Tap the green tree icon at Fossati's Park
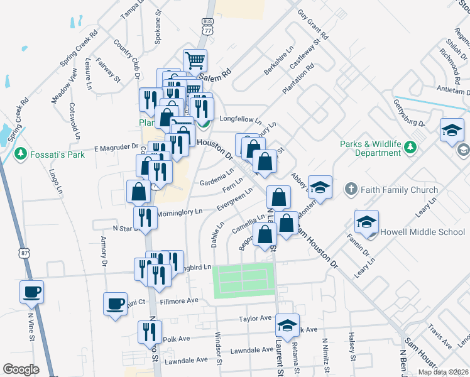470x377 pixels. pyautogui.click(x=21, y=153)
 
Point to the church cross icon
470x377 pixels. pyautogui.click(x=351, y=189)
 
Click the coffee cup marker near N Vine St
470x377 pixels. pyautogui.click(x=31, y=292)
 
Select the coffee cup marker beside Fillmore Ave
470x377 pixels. pyautogui.click(x=116, y=303)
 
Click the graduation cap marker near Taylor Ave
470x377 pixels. pyautogui.click(x=287, y=325)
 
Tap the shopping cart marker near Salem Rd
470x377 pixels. pyautogui.click(x=195, y=61)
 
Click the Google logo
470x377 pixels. pyautogui.click(x=20, y=369)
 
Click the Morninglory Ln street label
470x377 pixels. pyautogui.click(x=180, y=212)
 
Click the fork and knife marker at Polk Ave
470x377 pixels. pyautogui.click(x=150, y=331)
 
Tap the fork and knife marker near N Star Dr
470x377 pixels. pyautogui.click(x=145, y=218)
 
